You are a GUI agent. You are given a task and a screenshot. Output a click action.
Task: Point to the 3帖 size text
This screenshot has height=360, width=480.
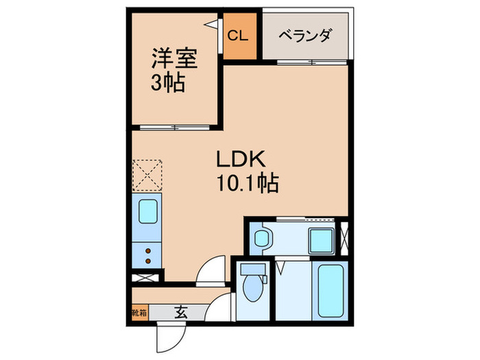(x=167, y=83)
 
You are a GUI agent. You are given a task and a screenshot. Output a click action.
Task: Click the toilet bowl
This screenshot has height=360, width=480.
(x=253, y=289)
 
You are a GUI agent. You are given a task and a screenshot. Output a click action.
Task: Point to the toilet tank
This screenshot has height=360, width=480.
(x=253, y=269)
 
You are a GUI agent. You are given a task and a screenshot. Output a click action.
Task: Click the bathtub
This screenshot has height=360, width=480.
(x=331, y=288)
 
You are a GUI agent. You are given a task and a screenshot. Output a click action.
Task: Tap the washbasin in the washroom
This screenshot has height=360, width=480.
(x=261, y=239)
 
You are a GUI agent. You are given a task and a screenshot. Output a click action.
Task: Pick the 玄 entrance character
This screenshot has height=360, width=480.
(x=180, y=313)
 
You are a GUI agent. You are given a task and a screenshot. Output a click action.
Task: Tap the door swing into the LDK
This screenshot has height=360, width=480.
(x=211, y=270)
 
